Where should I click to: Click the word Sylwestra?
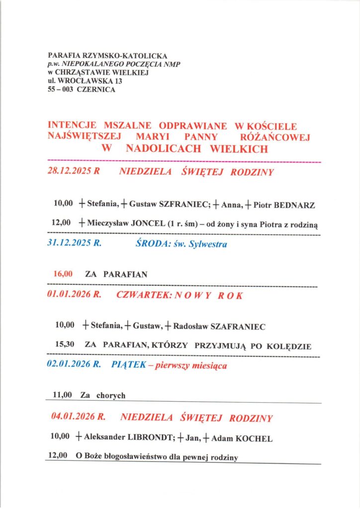(x=206, y=245)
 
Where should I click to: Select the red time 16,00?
(x=63, y=273)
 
